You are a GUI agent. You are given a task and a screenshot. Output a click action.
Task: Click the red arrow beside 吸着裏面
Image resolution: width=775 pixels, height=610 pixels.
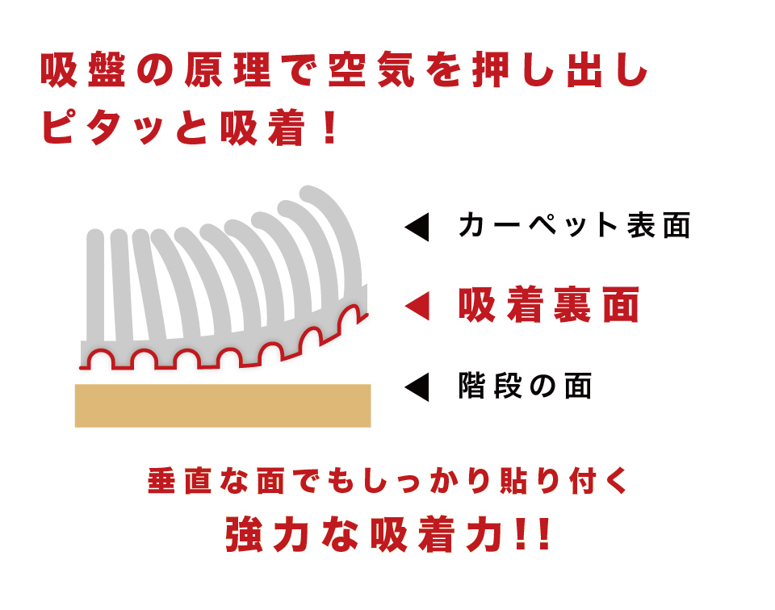coord(417,306)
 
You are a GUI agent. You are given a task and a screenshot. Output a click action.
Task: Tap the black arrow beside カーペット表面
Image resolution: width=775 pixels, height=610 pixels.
coord(417,228)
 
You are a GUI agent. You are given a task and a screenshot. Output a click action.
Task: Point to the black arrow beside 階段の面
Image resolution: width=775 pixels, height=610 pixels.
coord(417,386)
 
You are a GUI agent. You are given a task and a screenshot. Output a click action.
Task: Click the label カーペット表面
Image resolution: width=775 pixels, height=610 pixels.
coord(574,226)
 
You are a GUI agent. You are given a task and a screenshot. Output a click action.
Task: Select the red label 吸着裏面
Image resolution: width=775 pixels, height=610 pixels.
coord(549,305)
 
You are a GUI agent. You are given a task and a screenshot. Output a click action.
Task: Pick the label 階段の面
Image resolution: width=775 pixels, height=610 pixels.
coord(525,386)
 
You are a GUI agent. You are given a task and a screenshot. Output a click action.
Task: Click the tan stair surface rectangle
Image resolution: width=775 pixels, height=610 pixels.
coord(223,406)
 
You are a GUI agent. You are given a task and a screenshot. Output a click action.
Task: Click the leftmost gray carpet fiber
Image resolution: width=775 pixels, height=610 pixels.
coord(95,286)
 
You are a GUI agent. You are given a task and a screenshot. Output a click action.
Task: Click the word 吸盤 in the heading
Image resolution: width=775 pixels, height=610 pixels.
coord(83,69)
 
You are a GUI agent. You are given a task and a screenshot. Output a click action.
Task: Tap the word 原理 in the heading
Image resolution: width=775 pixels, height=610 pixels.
coord(228,69)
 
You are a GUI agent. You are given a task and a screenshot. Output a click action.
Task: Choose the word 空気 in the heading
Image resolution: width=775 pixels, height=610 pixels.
coord(371,69)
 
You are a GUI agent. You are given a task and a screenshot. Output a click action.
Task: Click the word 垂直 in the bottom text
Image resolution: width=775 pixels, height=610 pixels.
coord(180,481)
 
